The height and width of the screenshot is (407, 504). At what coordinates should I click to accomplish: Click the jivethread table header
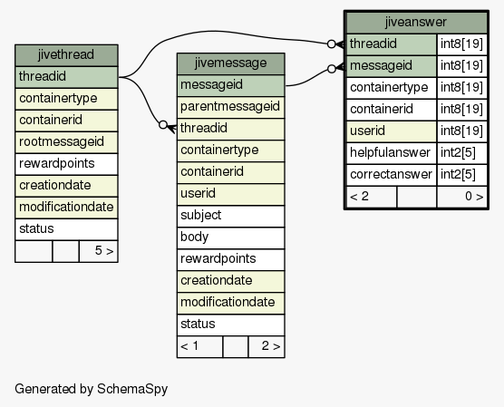66,55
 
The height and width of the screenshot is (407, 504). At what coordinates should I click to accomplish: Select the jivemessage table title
231,63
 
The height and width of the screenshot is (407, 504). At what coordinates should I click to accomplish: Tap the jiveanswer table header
416,23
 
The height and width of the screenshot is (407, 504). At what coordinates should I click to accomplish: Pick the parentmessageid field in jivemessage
231,107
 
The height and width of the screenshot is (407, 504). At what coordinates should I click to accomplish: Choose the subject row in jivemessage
231,216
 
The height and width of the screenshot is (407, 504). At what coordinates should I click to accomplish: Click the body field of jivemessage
231,237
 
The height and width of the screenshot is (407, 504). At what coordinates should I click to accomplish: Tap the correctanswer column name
392,175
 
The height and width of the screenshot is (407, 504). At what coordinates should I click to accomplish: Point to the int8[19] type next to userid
462,131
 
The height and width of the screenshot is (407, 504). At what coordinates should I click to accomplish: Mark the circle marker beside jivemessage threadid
163,125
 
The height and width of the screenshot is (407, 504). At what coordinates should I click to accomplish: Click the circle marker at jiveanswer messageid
332,69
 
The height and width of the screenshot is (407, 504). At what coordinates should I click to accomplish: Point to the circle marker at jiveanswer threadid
331,44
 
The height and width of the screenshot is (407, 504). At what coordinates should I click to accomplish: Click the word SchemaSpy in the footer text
132,389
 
